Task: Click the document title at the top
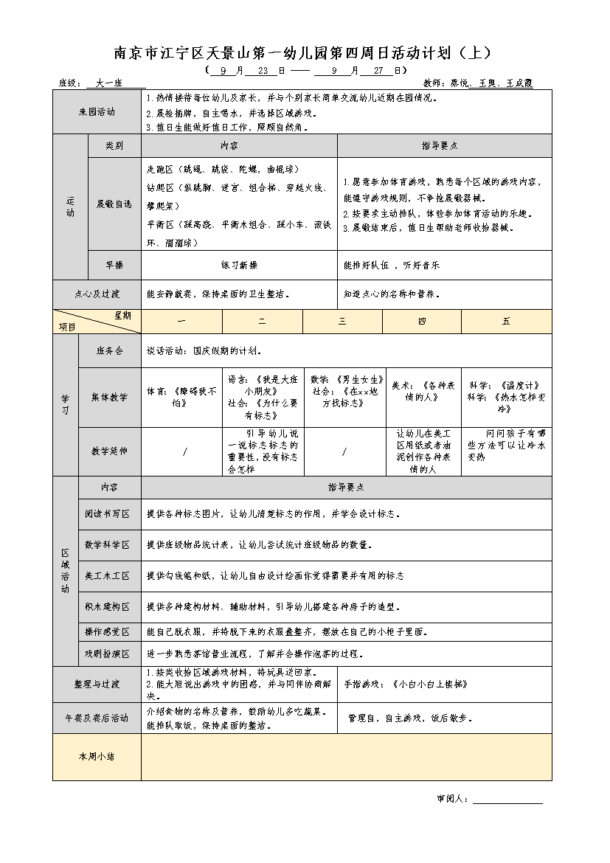click(302, 53)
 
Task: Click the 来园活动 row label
click(97, 112)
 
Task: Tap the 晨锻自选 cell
click(114, 204)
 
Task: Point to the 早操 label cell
click(114, 265)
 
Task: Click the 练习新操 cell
click(239, 265)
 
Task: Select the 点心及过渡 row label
click(97, 294)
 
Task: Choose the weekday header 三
click(343, 322)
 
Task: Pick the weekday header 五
click(506, 322)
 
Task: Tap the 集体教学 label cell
click(109, 397)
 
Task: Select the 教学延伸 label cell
click(109, 451)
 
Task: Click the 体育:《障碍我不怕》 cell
click(181, 397)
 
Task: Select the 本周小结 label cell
click(97, 756)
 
